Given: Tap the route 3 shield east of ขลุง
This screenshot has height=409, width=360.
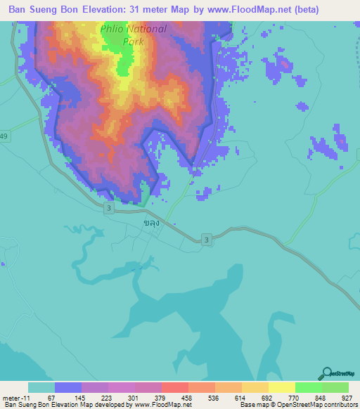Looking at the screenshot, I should (206, 240).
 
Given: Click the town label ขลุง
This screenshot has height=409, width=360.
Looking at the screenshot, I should (150, 223).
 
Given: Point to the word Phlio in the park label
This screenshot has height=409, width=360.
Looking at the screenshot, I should (115, 30).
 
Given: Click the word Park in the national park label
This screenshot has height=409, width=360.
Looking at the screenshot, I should (133, 41).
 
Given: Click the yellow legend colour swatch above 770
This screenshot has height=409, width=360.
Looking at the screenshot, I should (281, 387).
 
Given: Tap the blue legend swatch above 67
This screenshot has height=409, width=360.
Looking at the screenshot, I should (68, 387).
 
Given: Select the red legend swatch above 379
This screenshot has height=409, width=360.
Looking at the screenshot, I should (175, 387).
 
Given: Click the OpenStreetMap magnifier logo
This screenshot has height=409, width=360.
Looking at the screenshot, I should (326, 373).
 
